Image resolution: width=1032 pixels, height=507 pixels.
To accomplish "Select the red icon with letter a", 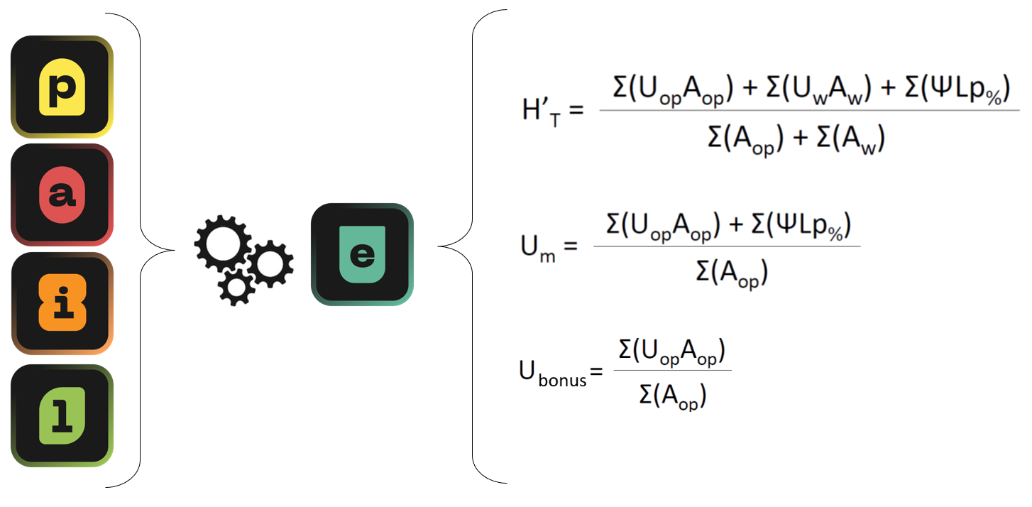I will [x=62, y=195].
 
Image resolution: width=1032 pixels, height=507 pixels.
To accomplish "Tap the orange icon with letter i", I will [x=62, y=303].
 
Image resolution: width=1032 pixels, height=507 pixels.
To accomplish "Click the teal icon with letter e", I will [x=362, y=254].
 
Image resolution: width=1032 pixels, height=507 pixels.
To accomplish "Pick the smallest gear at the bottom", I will [x=236, y=285].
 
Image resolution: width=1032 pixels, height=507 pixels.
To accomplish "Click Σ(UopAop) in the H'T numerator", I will [x=671, y=93].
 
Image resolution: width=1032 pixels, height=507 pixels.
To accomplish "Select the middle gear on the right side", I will [x=270, y=263].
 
